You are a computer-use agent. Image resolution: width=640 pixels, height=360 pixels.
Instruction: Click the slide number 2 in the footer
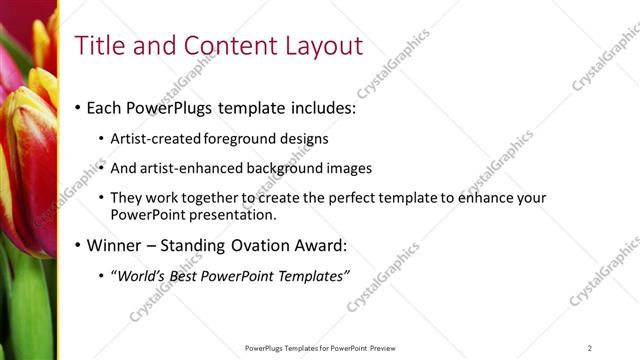(x=590, y=348)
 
